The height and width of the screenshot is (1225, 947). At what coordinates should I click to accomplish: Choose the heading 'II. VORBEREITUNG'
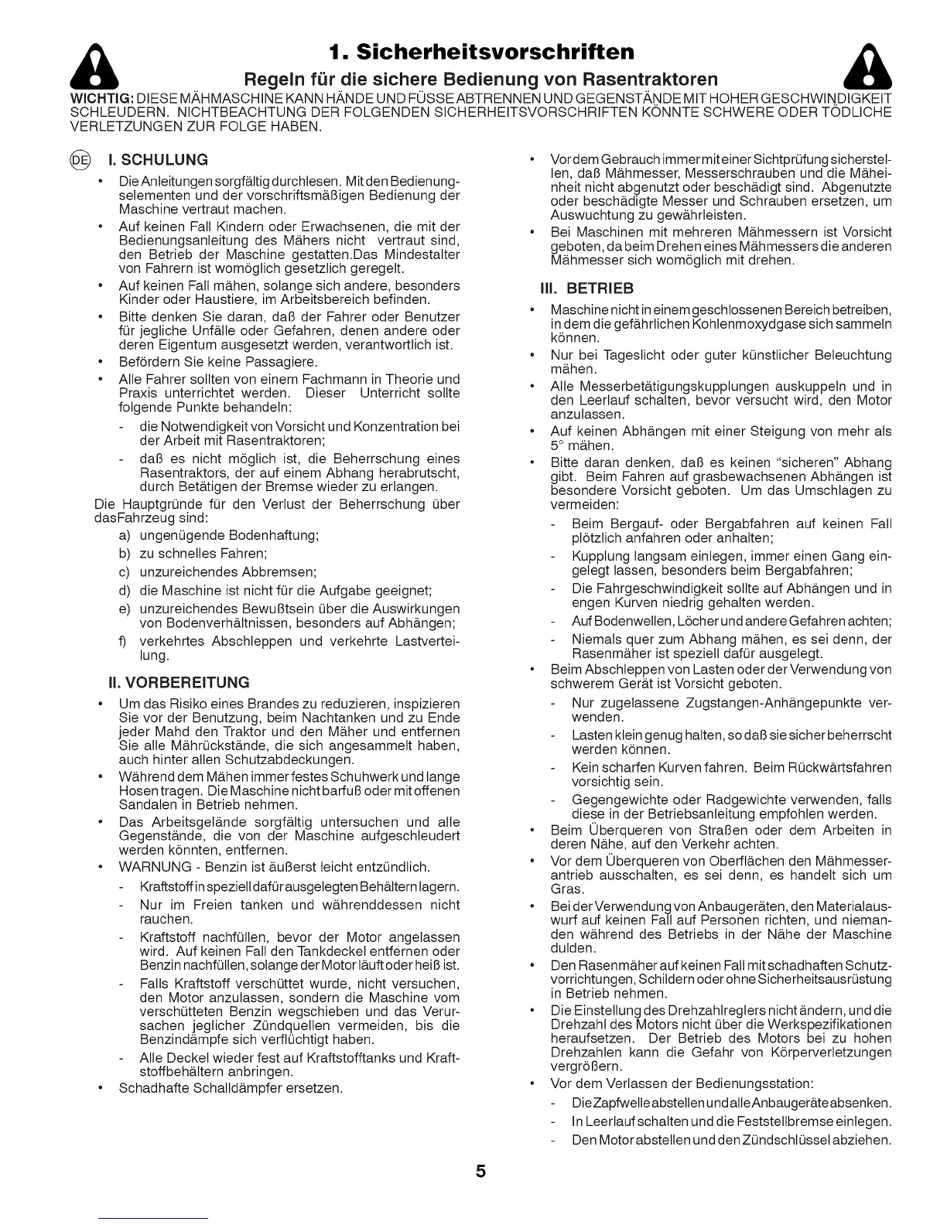pyautogui.click(x=179, y=682)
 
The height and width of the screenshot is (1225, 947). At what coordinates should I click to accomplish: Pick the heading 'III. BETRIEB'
pyautogui.click(x=586, y=288)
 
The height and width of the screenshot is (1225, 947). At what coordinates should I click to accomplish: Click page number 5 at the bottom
pyautogui.click(x=480, y=1172)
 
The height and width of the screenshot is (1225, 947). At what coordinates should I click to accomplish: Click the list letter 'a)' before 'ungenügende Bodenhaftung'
pyautogui.click(x=125, y=535)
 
